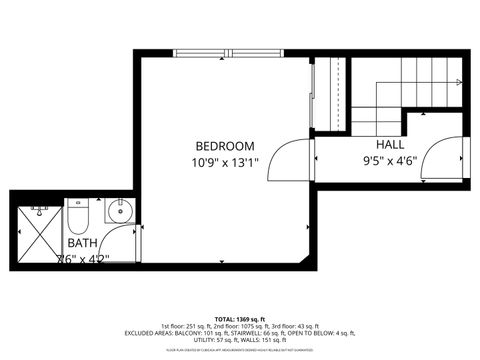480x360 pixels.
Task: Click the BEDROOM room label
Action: coord(225,145)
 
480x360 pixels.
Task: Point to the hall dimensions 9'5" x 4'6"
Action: coord(391,158)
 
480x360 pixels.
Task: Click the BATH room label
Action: coord(82,243)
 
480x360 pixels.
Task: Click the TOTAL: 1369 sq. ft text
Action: coord(240,318)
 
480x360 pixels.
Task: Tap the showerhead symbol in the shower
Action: coord(39,210)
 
